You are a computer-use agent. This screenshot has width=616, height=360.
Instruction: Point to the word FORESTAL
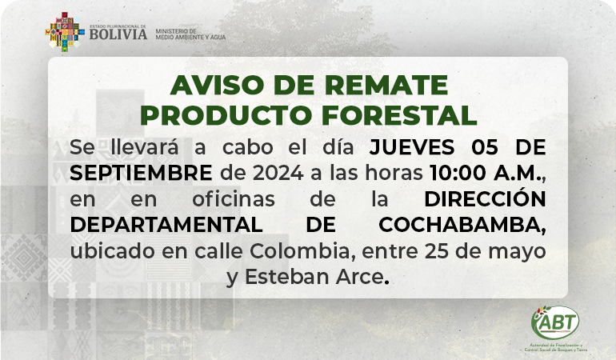tap(399, 115)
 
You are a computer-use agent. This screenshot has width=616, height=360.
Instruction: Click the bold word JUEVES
tap(412, 147)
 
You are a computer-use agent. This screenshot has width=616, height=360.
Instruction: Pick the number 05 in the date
tap(485, 147)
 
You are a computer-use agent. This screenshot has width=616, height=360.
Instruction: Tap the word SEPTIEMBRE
tap(141, 174)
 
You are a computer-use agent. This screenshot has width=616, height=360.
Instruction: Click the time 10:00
tap(458, 174)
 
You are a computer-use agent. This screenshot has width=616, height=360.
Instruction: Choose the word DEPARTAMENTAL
tap(166, 225)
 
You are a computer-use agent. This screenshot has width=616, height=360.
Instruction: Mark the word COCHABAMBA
tap(462, 226)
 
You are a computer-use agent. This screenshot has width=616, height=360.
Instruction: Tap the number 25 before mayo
tap(436, 251)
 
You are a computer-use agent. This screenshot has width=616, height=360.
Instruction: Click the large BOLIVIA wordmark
tap(118, 34)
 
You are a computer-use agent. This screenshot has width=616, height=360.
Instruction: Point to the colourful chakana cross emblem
tap(65, 32)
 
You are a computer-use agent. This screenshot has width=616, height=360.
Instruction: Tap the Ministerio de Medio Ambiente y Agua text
tap(190, 34)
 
